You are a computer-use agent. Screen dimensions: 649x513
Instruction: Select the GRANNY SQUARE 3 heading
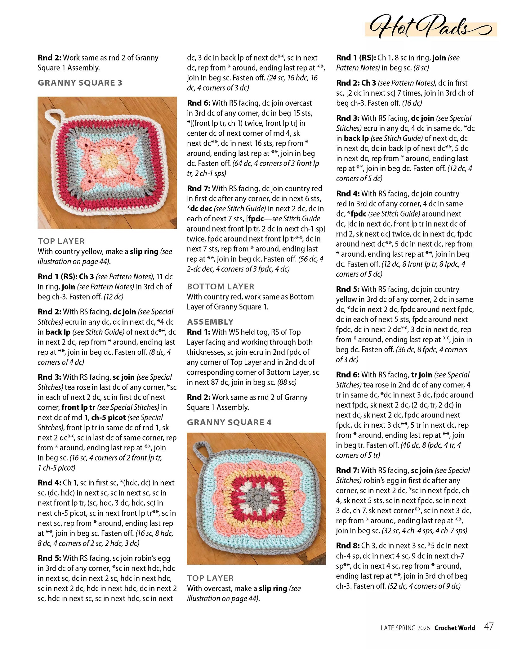pos(80,83)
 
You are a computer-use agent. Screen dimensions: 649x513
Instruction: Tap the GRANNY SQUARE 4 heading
pos(229,422)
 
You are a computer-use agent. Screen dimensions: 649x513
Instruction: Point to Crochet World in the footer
pos(454,628)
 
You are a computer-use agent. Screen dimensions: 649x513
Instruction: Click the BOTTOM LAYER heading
pos(220,286)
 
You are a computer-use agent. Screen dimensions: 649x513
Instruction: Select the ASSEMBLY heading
pos(210,322)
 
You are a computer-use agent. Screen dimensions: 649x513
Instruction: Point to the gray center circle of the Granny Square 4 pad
pos(256,499)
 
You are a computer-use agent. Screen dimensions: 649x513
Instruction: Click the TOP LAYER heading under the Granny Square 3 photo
pos(61,241)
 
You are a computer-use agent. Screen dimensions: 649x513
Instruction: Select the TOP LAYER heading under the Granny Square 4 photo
pos(210,578)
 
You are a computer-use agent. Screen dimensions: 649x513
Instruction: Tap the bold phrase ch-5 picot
pos(108,417)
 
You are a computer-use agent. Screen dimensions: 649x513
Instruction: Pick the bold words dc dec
pos(201,209)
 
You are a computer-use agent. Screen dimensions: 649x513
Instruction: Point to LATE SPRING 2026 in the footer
pos(405,628)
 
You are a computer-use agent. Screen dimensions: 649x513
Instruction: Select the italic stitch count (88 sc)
pos(287,382)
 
